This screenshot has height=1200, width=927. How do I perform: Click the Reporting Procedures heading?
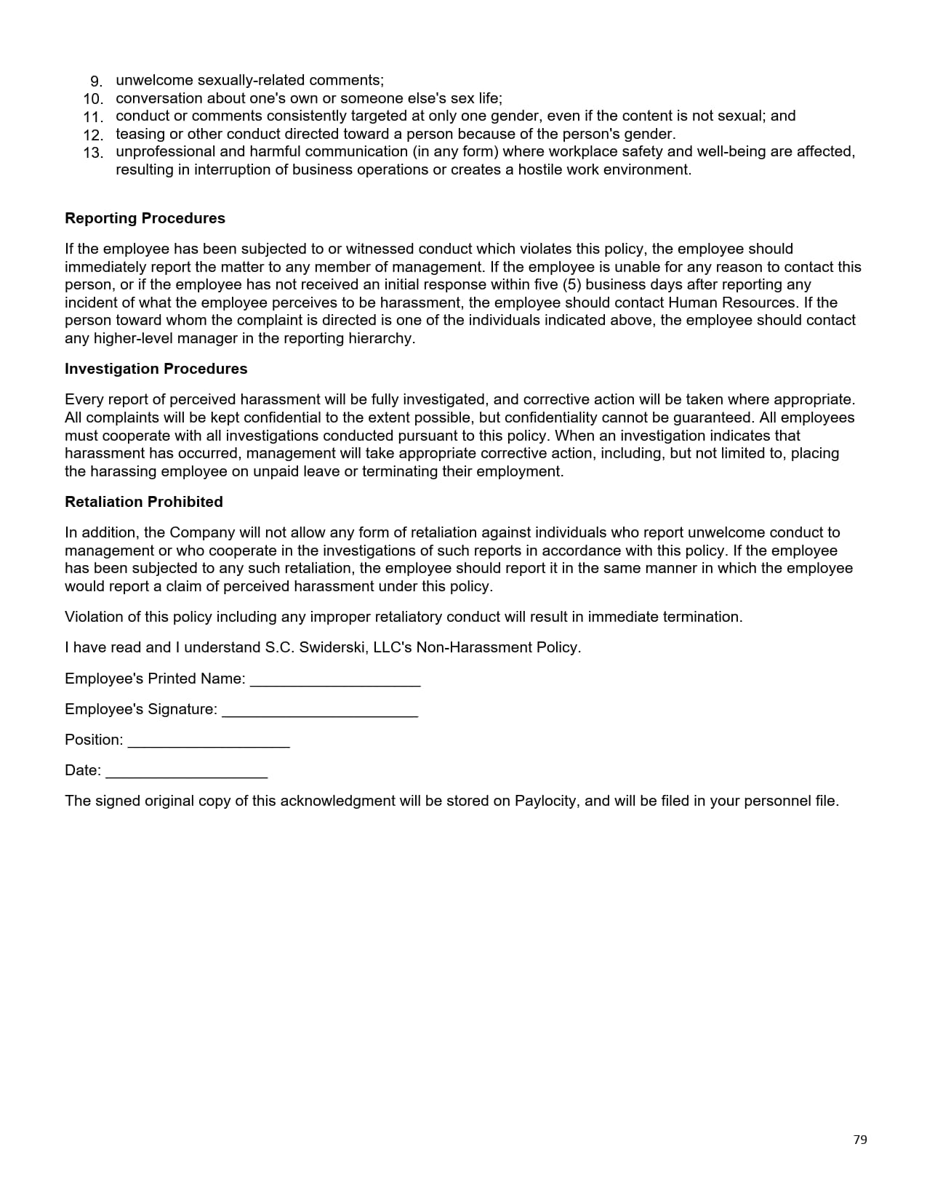point(145,218)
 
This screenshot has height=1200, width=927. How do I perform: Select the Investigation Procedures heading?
point(156,369)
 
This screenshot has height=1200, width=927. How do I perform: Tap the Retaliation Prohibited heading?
point(143,502)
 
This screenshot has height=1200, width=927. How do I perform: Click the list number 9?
point(96,81)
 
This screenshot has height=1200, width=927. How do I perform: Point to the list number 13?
point(93,153)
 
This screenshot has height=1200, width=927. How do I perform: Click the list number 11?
point(93,117)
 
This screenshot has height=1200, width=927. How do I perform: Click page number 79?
point(860,1140)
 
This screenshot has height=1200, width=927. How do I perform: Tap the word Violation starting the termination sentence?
point(93,617)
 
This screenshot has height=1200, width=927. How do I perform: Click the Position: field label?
point(94,740)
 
